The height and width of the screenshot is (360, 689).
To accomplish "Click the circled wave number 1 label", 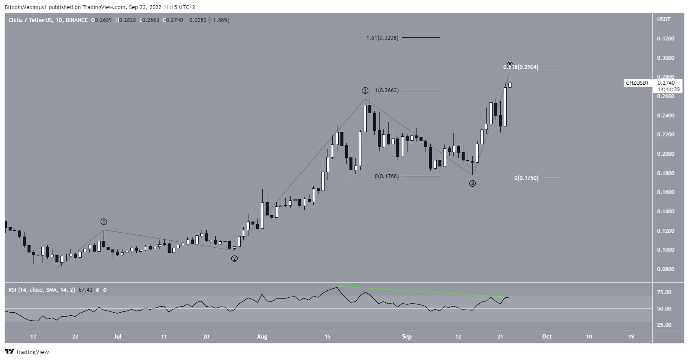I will [x=104, y=222].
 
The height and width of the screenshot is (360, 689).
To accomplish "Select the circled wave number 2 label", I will [x=234, y=259].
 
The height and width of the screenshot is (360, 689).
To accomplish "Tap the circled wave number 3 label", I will [x=365, y=91].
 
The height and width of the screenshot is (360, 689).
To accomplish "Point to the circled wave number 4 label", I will [x=472, y=184].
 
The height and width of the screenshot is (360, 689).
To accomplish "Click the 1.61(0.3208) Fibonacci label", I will [x=382, y=38].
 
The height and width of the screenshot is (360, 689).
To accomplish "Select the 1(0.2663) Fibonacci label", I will [x=387, y=90].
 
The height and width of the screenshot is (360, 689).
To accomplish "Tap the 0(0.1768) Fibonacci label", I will [x=386, y=176].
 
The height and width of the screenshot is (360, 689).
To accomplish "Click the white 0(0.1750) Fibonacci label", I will [x=526, y=178].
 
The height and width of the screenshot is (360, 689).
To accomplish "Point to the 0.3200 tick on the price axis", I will [x=665, y=39].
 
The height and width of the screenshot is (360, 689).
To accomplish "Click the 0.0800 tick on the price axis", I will [x=665, y=269].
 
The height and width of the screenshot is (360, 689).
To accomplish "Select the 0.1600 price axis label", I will [x=665, y=192].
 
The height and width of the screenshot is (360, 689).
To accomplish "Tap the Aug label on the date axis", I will [x=262, y=337].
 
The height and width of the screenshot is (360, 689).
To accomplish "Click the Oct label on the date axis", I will [x=547, y=337].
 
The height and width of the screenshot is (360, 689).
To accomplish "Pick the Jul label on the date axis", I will [x=117, y=337].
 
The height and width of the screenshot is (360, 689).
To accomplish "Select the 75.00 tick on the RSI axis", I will [x=665, y=292].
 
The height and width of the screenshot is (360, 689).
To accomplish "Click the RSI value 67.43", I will [x=83, y=290].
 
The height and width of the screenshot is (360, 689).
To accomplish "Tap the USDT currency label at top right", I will [x=664, y=19].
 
